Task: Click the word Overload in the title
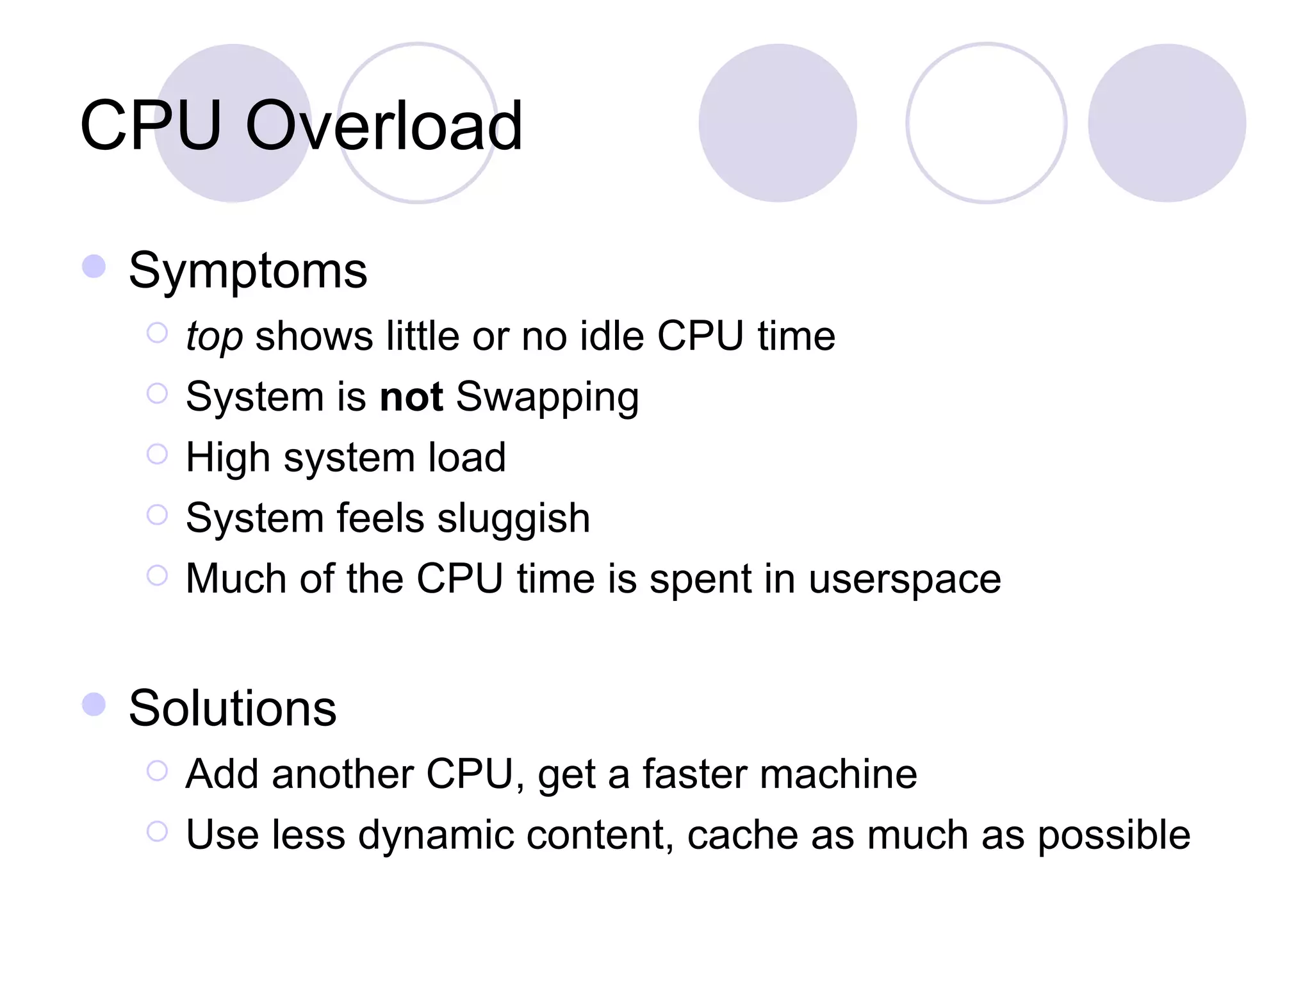coord(384,126)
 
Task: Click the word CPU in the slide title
coord(151,126)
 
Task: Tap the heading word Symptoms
coord(248,271)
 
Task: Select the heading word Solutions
coord(233,709)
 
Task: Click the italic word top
coord(214,337)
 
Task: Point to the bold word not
coord(411,397)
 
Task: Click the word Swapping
coord(547,398)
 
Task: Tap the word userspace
coord(905,580)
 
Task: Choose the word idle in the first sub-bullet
coord(612,336)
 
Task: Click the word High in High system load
coord(228,458)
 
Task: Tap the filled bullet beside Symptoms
coord(94,266)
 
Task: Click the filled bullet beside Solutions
coord(94,704)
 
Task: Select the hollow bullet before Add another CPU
coord(157,771)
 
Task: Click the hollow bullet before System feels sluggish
coord(157,514)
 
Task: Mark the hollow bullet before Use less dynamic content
coord(157,832)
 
